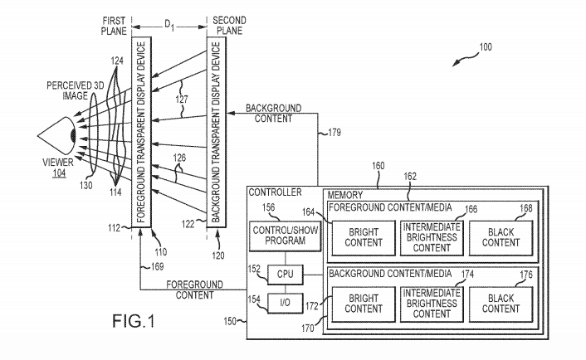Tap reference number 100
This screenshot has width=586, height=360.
pyautogui.click(x=484, y=49)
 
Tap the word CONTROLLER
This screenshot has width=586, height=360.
pyautogui.click(x=274, y=192)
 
